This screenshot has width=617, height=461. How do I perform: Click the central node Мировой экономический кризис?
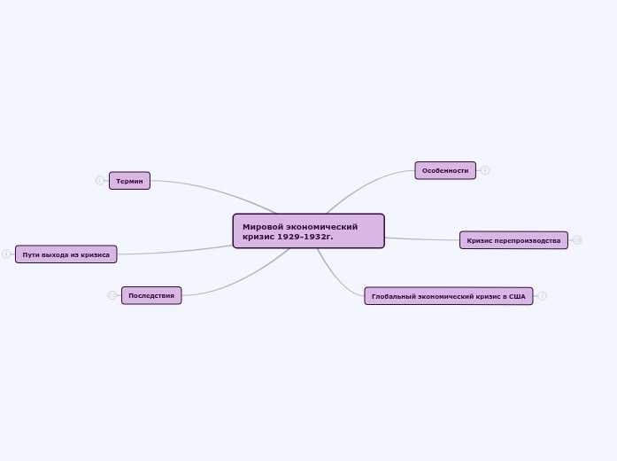click(308, 230)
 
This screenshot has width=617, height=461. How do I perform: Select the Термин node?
click(129, 181)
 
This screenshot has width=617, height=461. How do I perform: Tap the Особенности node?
click(444, 170)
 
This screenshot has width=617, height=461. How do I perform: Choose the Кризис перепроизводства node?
click(513, 240)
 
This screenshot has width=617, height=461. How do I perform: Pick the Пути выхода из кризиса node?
click(66, 254)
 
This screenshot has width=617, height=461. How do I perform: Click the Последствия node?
click(151, 295)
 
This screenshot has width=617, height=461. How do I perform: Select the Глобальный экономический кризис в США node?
click(448, 296)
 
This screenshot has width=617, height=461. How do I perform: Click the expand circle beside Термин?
click(100, 181)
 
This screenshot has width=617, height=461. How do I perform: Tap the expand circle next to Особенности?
click(485, 170)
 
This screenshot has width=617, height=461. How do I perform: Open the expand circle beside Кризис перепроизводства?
click(577, 240)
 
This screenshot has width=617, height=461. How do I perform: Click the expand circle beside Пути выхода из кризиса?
click(6, 254)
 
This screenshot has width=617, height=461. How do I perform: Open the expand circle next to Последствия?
click(112, 295)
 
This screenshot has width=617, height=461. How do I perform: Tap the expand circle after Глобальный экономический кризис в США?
click(542, 296)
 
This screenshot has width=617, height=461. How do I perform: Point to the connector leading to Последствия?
click(239, 282)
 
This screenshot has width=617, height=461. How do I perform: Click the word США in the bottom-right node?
click(517, 296)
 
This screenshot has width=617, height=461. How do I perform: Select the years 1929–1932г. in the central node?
click(305, 237)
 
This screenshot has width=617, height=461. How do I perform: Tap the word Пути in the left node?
click(32, 254)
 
